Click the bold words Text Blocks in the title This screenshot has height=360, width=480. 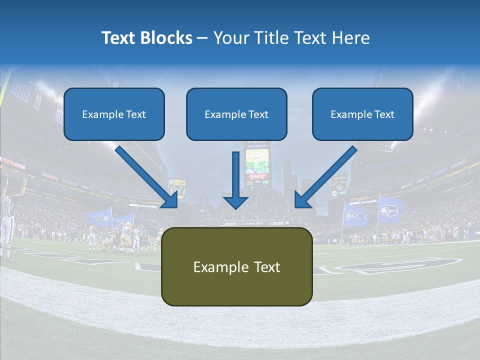pos(146,38)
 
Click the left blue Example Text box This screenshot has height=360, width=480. pos(114,114)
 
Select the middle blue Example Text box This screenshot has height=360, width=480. pos(236,114)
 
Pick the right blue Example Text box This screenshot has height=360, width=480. pos(362,114)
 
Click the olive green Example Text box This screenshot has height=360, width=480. pos(236,267)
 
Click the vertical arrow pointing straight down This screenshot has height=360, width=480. pos(235,180)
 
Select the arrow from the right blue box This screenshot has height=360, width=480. pos(325,177)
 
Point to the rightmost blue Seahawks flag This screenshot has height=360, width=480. pos(390,209)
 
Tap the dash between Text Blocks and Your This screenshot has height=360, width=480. pos(202,38)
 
